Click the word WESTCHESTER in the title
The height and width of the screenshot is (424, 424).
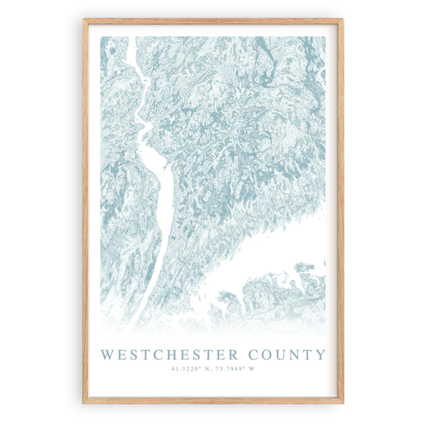[167, 354]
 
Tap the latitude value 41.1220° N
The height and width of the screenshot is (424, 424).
[190, 368]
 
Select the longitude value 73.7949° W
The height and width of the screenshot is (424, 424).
[235, 368]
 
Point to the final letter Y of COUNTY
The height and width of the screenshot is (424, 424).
[320, 354]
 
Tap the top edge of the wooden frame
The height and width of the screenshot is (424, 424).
[212, 21]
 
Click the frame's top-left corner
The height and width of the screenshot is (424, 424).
[85, 21]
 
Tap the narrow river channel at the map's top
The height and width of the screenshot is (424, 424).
[127, 64]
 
